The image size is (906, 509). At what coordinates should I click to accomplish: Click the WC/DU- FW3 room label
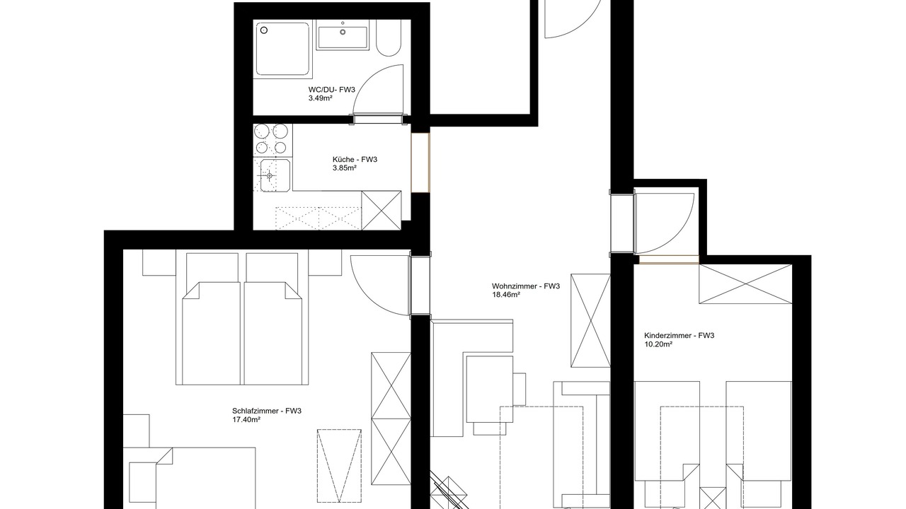tap(331, 90)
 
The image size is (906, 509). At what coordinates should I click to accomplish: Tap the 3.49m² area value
tap(321, 98)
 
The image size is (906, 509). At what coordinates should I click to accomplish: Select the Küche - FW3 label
tap(355, 160)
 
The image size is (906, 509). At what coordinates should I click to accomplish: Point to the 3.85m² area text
tap(345, 168)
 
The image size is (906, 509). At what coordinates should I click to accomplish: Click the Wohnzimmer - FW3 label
tap(526, 286)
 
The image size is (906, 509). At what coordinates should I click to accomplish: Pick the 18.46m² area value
tap(505, 295)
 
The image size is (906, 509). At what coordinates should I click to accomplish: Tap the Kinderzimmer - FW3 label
tap(679, 335)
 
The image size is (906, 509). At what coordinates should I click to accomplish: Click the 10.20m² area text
tap(658, 344)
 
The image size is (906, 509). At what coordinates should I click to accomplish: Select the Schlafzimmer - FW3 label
tap(267, 411)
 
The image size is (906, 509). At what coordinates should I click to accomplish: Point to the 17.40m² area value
tap(246, 420)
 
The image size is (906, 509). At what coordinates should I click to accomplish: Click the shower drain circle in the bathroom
tap(264, 30)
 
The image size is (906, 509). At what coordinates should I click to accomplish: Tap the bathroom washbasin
tap(343, 35)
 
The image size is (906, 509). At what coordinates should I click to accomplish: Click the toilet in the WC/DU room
tap(389, 37)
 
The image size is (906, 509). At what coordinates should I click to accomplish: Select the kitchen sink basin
tap(275, 175)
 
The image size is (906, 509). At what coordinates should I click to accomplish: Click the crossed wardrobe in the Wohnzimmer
tap(590, 321)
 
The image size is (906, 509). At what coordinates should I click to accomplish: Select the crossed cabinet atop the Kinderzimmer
tap(745, 284)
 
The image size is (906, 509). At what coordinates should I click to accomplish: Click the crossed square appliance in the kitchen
tap(381, 211)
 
